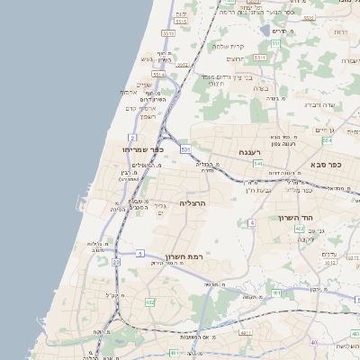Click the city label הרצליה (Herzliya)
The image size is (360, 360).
point(193,203)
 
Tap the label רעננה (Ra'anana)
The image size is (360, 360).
point(248,154)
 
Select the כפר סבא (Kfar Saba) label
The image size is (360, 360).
point(326,165)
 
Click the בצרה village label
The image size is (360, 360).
point(261,88)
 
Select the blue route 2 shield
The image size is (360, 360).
point(132,138)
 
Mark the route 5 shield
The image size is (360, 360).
point(139,254)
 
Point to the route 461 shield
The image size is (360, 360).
point(276,293)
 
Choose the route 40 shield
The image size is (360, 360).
point(313,343)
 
